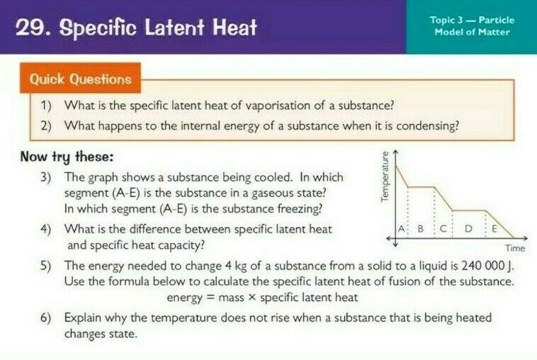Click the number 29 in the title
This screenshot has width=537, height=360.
pyautogui.click(x=30, y=28)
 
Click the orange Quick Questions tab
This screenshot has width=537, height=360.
pyautogui.click(x=80, y=78)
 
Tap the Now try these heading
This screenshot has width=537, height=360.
pyautogui.click(x=67, y=157)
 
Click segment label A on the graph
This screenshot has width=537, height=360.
pyautogui.click(x=401, y=228)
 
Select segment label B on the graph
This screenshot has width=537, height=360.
pyautogui.click(x=421, y=228)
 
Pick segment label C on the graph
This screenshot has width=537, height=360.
pyautogui.click(x=443, y=228)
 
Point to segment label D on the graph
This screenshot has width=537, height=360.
pyautogui.click(x=468, y=228)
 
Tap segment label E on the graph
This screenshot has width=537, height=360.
pyautogui.click(x=494, y=228)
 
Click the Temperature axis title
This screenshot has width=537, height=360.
pyautogui.click(x=385, y=176)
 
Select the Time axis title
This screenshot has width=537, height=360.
pyautogui.click(x=515, y=248)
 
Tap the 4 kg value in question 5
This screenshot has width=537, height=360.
pyautogui.click(x=237, y=266)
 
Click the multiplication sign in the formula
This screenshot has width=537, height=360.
pyautogui.click(x=251, y=298)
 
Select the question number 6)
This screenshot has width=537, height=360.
pyautogui.click(x=45, y=318)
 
